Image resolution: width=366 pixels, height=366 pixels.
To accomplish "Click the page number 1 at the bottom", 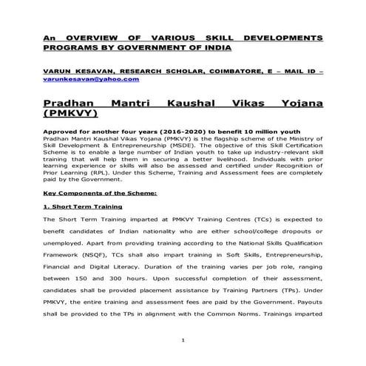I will pos(182,341).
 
